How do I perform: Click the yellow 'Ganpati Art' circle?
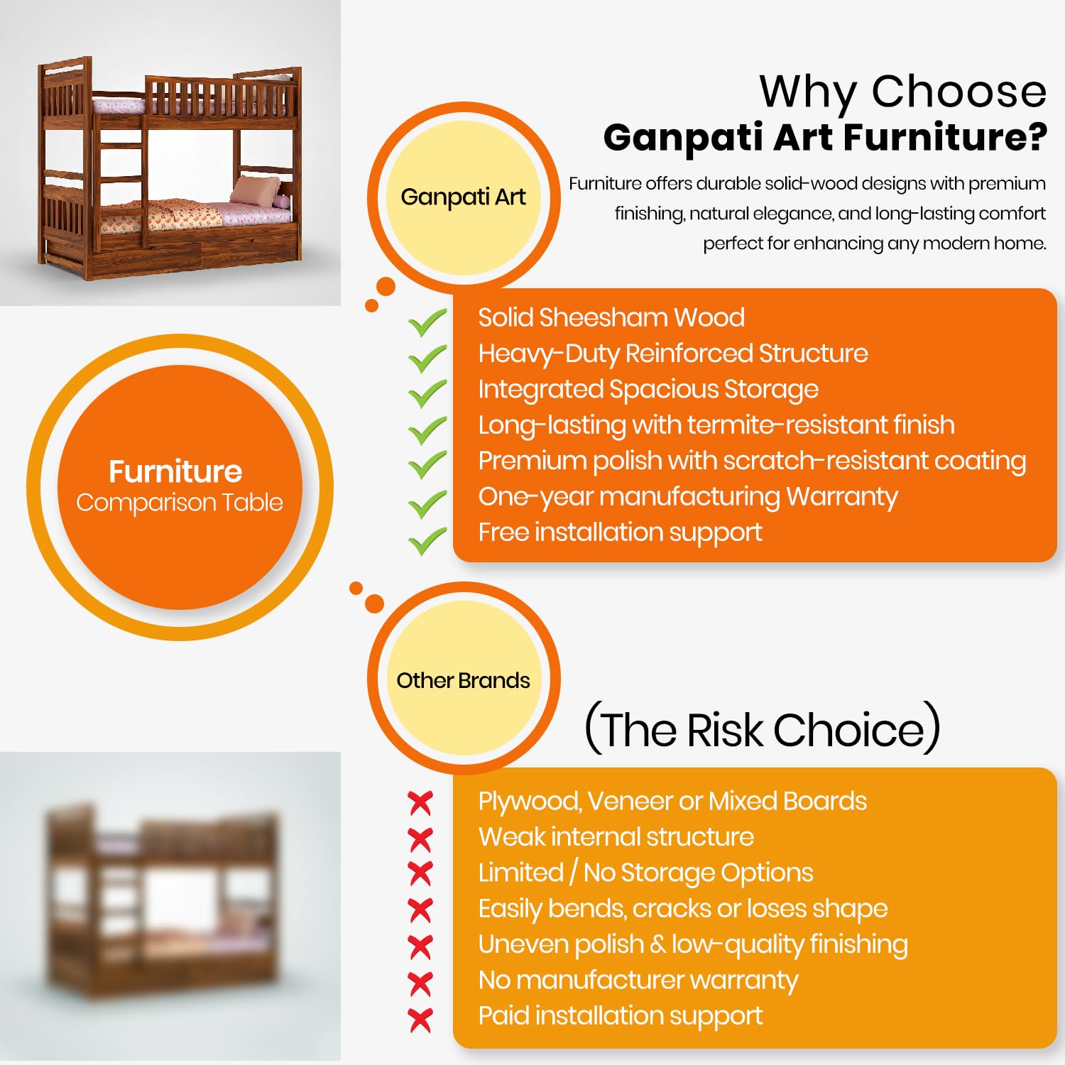coord(464,197)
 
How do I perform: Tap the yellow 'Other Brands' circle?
coord(464,679)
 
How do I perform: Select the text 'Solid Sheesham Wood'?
coord(611,317)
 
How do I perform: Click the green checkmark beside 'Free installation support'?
coord(427,541)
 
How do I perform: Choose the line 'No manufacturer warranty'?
coord(638,981)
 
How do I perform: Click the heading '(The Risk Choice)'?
coord(762,728)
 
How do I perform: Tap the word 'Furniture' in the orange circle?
coord(175,471)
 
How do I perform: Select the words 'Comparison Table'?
coord(180,503)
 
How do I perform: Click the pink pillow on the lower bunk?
coord(256,190)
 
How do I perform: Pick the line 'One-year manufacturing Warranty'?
coord(688,497)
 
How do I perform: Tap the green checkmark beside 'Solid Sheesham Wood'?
coord(427,323)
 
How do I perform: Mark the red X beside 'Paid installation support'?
coord(420,1020)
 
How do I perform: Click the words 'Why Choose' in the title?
coord(903,92)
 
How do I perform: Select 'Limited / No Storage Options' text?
coord(645,873)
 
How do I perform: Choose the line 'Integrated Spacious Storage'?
coord(648,390)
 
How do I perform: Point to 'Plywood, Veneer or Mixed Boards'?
coord(672,801)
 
